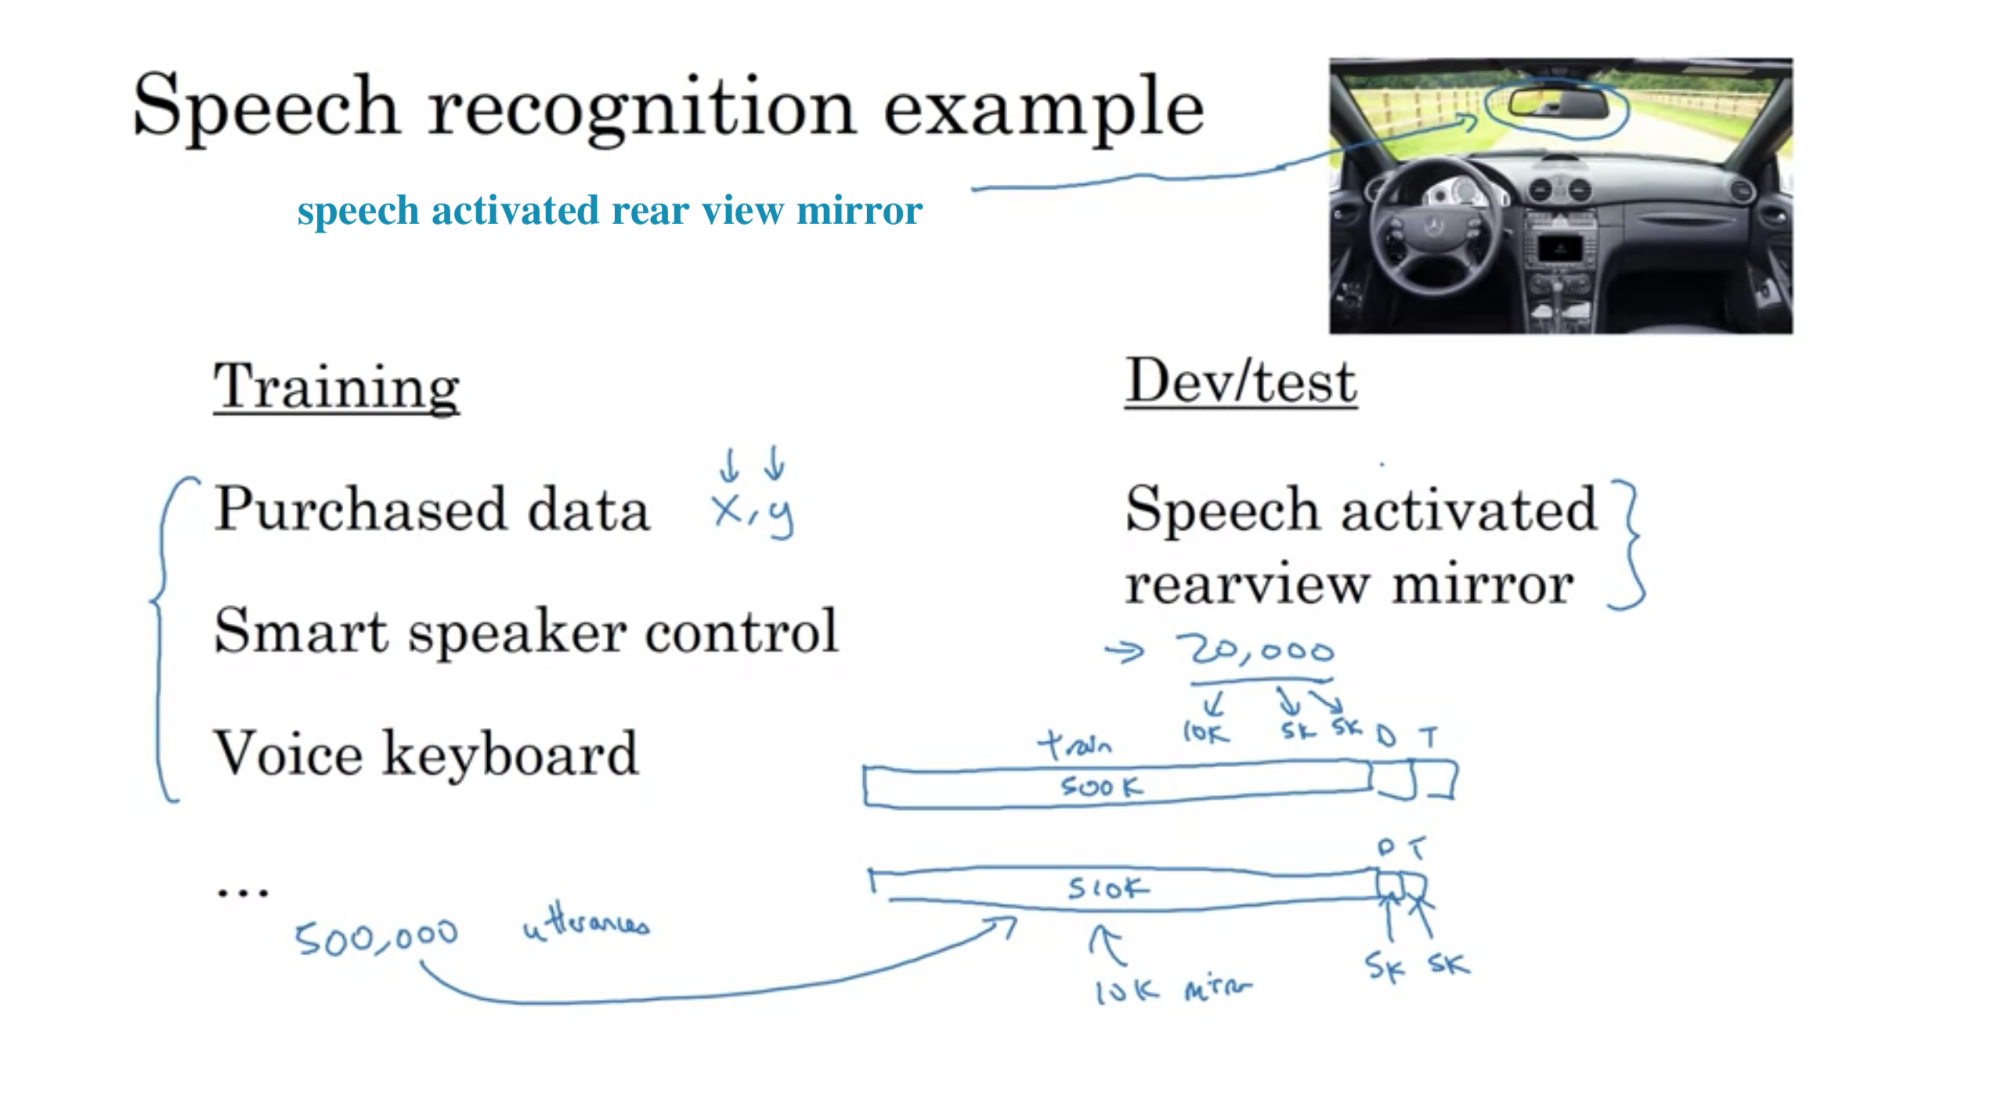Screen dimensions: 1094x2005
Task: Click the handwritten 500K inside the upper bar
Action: pyautogui.click(x=1101, y=786)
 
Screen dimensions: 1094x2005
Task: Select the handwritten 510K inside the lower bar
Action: pyautogui.click(x=1107, y=888)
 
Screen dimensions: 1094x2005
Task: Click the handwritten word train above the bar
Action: pyautogui.click(x=1075, y=744)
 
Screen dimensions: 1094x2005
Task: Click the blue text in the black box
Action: pyautogui.click(x=609, y=210)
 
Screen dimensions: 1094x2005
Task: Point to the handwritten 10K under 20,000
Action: pyautogui.click(x=1206, y=732)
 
